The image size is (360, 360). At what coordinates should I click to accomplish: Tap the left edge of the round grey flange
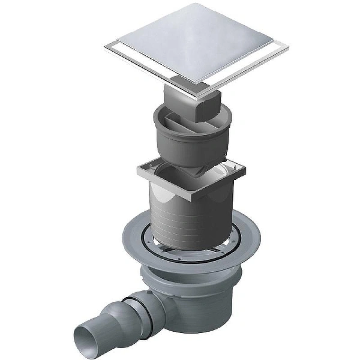[124, 237]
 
